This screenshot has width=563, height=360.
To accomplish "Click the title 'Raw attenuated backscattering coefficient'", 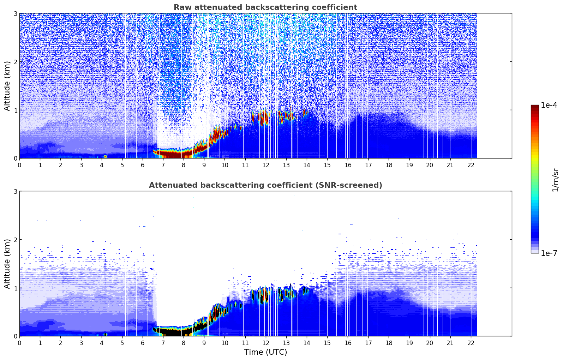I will (265, 7).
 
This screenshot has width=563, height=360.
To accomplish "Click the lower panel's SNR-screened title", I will (265, 185).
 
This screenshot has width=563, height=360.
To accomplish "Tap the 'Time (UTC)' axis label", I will (265, 352).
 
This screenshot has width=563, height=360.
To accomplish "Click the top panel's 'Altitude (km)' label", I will (7, 86).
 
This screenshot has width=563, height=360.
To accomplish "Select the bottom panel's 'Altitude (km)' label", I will (7, 264).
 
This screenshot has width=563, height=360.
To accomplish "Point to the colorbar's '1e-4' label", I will (549, 105).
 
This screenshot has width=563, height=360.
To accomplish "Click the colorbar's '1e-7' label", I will (549, 253).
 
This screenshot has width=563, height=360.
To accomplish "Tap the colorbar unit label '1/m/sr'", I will (555, 180).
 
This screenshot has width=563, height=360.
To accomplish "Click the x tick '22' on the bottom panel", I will (471, 343).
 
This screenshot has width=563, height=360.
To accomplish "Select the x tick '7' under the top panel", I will (163, 165).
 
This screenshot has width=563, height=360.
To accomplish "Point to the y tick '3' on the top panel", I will (16, 13).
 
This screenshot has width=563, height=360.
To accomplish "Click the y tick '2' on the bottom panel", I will (16, 240).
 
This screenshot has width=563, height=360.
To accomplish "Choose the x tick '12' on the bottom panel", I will (265, 343).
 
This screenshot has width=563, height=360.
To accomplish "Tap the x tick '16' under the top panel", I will (348, 165).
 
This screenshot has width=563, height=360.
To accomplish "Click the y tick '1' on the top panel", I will (16, 110).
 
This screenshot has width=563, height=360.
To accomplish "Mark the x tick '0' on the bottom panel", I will (19, 343).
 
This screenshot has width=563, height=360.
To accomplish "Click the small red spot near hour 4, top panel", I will (105, 156).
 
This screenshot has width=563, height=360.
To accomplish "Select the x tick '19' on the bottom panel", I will (409, 343).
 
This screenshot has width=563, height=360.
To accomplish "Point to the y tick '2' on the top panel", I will (16, 62).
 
